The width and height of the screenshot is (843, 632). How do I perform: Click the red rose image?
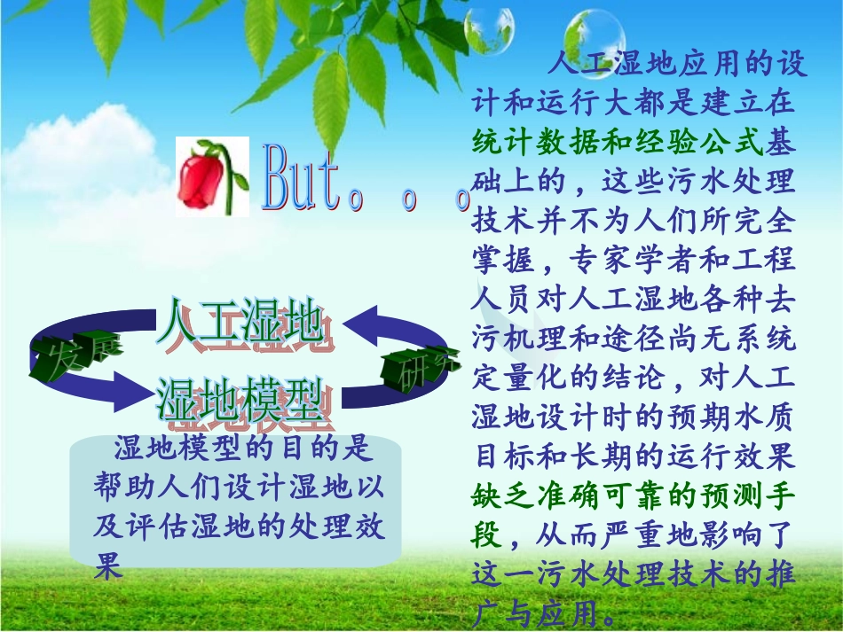tap(207, 177)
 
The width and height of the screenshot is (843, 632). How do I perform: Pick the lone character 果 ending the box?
tap(107, 565)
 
